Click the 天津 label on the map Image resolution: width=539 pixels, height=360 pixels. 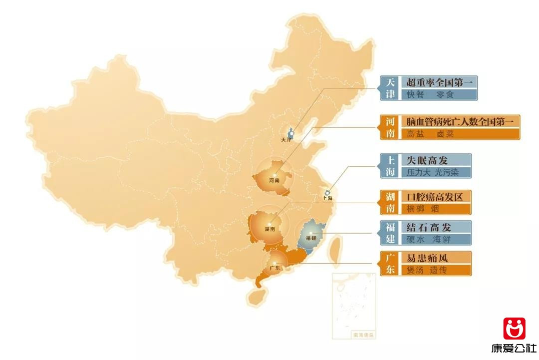point(286,140)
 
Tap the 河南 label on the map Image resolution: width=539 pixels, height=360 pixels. point(274,180)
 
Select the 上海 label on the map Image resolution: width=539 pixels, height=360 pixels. point(327,198)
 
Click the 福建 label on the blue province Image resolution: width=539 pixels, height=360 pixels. point(311,238)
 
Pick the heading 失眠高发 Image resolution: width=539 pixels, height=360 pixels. point(427,160)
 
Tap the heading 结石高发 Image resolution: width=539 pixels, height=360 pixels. point(429,227)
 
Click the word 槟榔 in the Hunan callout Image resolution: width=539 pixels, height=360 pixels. point(415,209)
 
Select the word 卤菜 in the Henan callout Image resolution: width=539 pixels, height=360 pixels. point(446,134)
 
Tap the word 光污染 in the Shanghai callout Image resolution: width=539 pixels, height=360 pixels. point(446,173)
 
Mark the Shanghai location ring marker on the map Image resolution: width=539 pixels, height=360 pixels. point(327,192)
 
